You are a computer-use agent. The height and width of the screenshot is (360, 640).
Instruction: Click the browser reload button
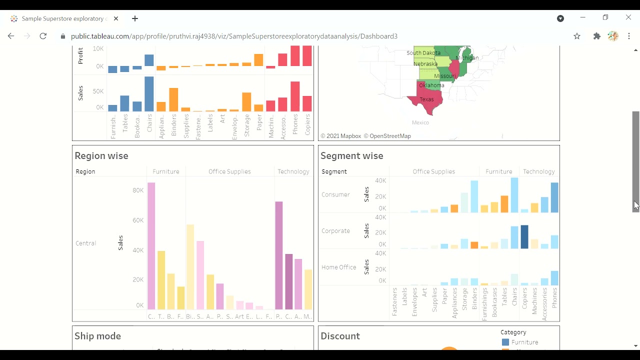click(43, 36)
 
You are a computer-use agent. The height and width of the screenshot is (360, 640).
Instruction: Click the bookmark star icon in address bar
click(577, 36)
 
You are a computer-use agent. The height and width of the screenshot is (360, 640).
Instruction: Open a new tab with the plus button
click(135, 18)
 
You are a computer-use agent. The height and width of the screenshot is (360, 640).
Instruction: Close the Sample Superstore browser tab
click(116, 18)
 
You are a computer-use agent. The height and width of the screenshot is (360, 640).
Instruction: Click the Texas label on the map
click(426, 99)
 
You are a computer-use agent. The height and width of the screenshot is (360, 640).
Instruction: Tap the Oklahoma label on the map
click(431, 85)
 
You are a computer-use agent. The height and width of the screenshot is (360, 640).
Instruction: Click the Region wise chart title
click(101, 156)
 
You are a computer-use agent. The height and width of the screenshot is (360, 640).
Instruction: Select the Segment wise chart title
click(352, 156)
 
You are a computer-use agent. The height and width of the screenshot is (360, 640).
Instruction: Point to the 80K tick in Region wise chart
click(138, 190)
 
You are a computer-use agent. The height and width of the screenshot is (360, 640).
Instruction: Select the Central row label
click(85, 243)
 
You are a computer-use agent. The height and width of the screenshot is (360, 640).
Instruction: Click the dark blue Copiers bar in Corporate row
click(524, 237)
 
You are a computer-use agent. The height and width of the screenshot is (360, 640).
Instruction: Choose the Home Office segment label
click(338, 267)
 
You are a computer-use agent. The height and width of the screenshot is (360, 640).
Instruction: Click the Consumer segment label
click(335, 194)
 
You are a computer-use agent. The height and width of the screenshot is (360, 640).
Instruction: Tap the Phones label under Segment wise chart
click(554, 298)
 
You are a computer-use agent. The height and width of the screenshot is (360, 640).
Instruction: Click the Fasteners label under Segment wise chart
click(394, 301)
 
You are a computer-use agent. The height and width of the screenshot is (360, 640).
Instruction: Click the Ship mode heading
click(97, 336)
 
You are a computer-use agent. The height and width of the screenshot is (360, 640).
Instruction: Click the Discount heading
click(340, 336)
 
